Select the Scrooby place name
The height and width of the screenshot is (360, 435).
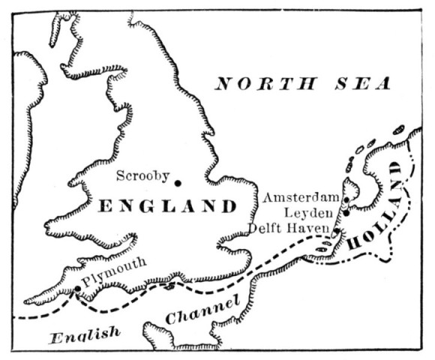[x=142, y=176]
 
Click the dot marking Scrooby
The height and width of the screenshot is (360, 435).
[x=178, y=182]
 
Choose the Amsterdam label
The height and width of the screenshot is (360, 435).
[x=301, y=197]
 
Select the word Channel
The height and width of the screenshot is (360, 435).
[x=202, y=310]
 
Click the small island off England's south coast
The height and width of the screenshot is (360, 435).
[x=172, y=285]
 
